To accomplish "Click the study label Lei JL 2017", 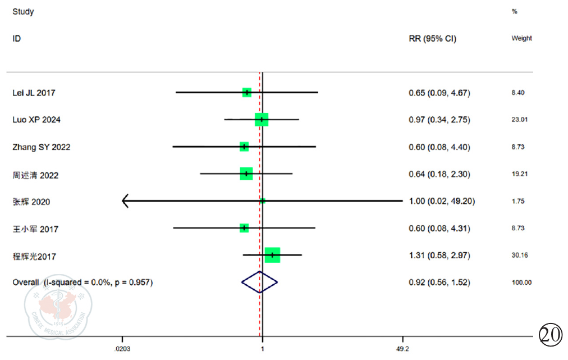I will tap(34, 93).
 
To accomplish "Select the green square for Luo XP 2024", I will tap(262, 120).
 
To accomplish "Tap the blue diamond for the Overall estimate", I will tap(259, 282).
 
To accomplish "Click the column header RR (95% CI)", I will tap(432, 39).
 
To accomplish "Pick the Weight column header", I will tap(521, 39).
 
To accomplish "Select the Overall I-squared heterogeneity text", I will tap(83, 282).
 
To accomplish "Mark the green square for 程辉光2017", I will tap(272, 255).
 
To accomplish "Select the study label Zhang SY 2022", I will tap(41, 147).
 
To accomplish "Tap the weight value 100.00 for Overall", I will tap(520, 282).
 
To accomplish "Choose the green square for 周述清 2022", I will tap(246, 174).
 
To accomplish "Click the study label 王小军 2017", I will tap(35, 229).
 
